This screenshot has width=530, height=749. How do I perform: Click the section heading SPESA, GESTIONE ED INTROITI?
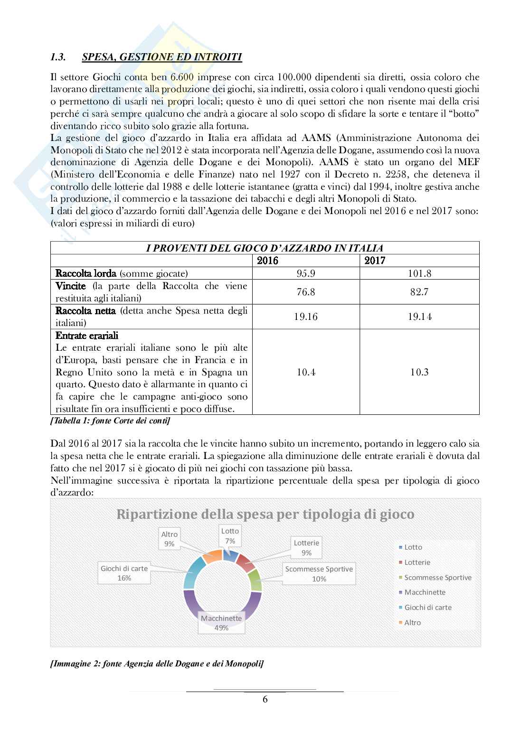(x=161, y=57)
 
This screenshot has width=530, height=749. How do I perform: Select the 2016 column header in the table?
(x=267, y=261)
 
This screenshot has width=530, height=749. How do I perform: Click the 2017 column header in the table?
(x=375, y=261)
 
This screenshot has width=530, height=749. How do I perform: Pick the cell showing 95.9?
(x=306, y=273)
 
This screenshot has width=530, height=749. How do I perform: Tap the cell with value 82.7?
(x=419, y=292)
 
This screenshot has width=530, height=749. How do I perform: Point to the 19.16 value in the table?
(x=306, y=317)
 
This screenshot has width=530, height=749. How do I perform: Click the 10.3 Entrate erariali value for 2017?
(x=419, y=372)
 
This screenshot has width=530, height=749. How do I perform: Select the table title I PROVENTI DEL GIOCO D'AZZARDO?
(x=265, y=248)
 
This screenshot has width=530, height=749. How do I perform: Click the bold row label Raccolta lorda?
(x=86, y=273)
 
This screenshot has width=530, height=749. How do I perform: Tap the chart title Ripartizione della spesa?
(x=265, y=515)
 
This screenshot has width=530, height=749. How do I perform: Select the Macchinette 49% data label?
(x=221, y=623)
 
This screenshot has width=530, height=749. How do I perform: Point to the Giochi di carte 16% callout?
(x=124, y=573)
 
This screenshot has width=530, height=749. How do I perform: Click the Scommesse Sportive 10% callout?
(x=319, y=574)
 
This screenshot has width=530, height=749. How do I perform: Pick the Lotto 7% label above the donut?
(x=230, y=536)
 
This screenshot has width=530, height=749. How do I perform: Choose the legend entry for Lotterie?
(x=417, y=562)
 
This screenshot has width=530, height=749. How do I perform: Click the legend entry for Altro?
(x=412, y=623)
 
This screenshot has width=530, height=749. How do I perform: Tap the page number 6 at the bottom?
(x=265, y=699)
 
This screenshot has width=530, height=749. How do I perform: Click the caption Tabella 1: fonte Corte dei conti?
(x=110, y=421)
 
